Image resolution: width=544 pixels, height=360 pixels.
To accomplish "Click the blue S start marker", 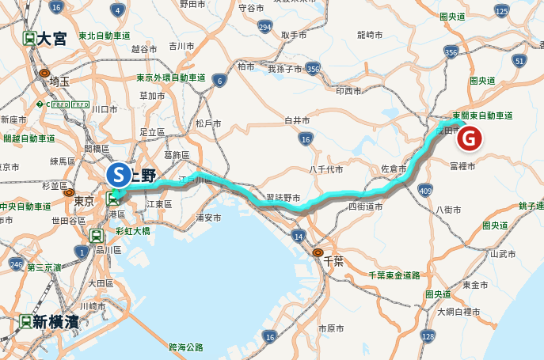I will [x=118, y=173].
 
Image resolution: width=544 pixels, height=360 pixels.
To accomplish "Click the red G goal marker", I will [x=469, y=138].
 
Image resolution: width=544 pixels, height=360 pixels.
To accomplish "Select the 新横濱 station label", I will [x=51, y=321].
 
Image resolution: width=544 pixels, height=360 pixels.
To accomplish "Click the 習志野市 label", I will [x=283, y=197].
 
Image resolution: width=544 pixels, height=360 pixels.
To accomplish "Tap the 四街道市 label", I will [x=365, y=206].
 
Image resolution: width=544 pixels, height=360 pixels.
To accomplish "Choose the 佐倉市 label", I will [x=394, y=169].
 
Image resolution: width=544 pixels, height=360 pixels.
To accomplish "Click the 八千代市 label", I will [x=325, y=169].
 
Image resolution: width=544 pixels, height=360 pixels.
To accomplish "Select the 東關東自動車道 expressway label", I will [x=482, y=116].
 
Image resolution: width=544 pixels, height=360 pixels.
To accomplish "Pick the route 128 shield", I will [x=428, y=336].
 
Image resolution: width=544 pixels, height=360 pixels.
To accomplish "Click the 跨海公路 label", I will [x=186, y=347].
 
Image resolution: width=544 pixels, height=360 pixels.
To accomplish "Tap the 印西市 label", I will [x=348, y=91].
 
